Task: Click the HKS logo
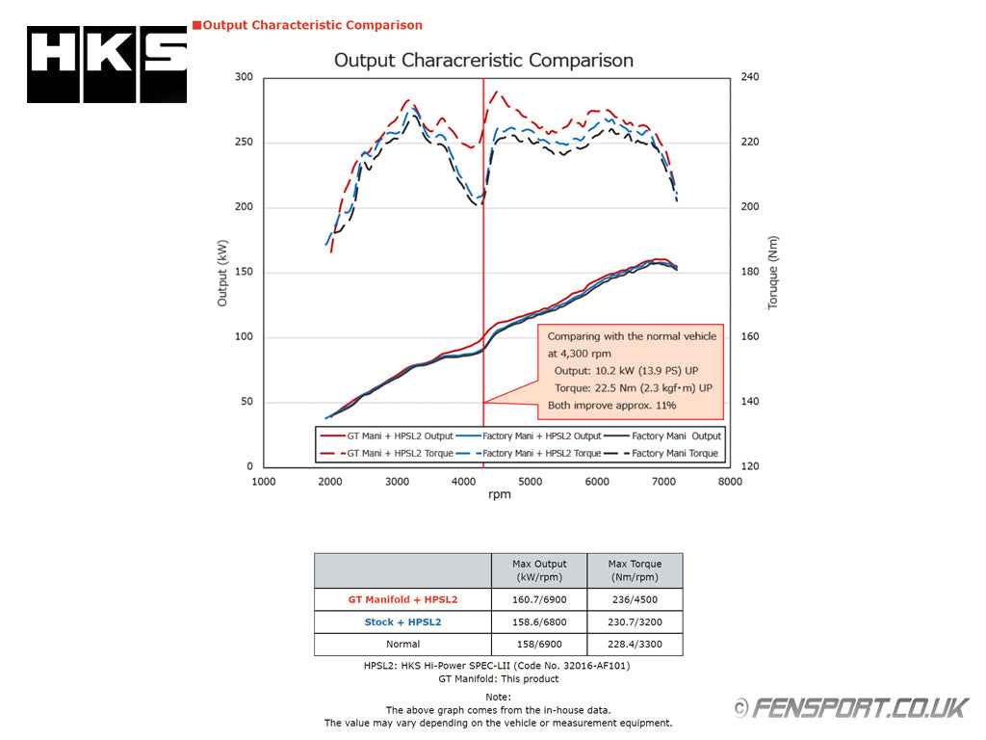[107, 65]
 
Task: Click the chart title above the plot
[483, 60]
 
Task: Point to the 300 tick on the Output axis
[243, 77]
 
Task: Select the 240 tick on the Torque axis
[749, 77]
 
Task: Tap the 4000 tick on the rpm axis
[463, 482]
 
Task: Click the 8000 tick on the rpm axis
[730, 482]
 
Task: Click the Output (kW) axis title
[222, 272]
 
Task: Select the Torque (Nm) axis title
[773, 273]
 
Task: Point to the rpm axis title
[500, 495]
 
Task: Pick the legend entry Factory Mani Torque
[674, 453]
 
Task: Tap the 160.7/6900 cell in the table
[539, 599]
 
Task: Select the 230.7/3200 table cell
[635, 621]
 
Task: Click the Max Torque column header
[635, 570]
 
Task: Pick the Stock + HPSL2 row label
[402, 621]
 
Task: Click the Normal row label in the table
[402, 644]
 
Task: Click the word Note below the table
[498, 697]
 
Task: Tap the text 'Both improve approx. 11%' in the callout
[611, 406]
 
